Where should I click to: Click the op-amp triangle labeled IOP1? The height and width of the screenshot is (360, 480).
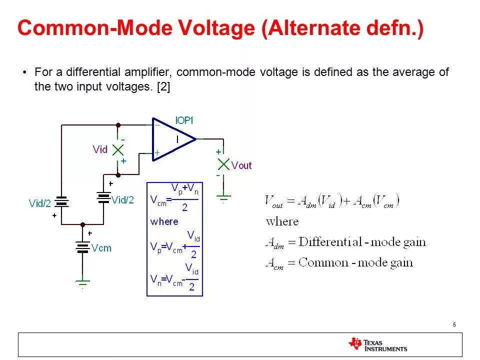(172, 139)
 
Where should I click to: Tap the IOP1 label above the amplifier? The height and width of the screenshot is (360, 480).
(184, 120)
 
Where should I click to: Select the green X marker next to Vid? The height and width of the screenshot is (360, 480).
(118, 149)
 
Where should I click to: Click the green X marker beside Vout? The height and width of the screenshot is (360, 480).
(223, 164)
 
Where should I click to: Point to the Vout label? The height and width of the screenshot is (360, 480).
(241, 165)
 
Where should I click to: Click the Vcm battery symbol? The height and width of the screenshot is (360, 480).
(82, 247)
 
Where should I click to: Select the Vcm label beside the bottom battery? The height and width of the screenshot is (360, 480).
(101, 248)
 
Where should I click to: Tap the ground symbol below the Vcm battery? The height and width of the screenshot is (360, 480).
(82, 282)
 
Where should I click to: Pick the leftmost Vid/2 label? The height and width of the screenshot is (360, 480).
(40, 203)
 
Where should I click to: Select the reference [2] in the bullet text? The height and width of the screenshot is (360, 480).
(163, 86)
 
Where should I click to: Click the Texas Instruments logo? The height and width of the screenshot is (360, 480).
(378, 344)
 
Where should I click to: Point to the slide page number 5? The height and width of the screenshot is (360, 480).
(454, 325)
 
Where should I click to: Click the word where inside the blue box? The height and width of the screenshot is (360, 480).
(164, 221)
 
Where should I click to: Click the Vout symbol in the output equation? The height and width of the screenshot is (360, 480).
(274, 202)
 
